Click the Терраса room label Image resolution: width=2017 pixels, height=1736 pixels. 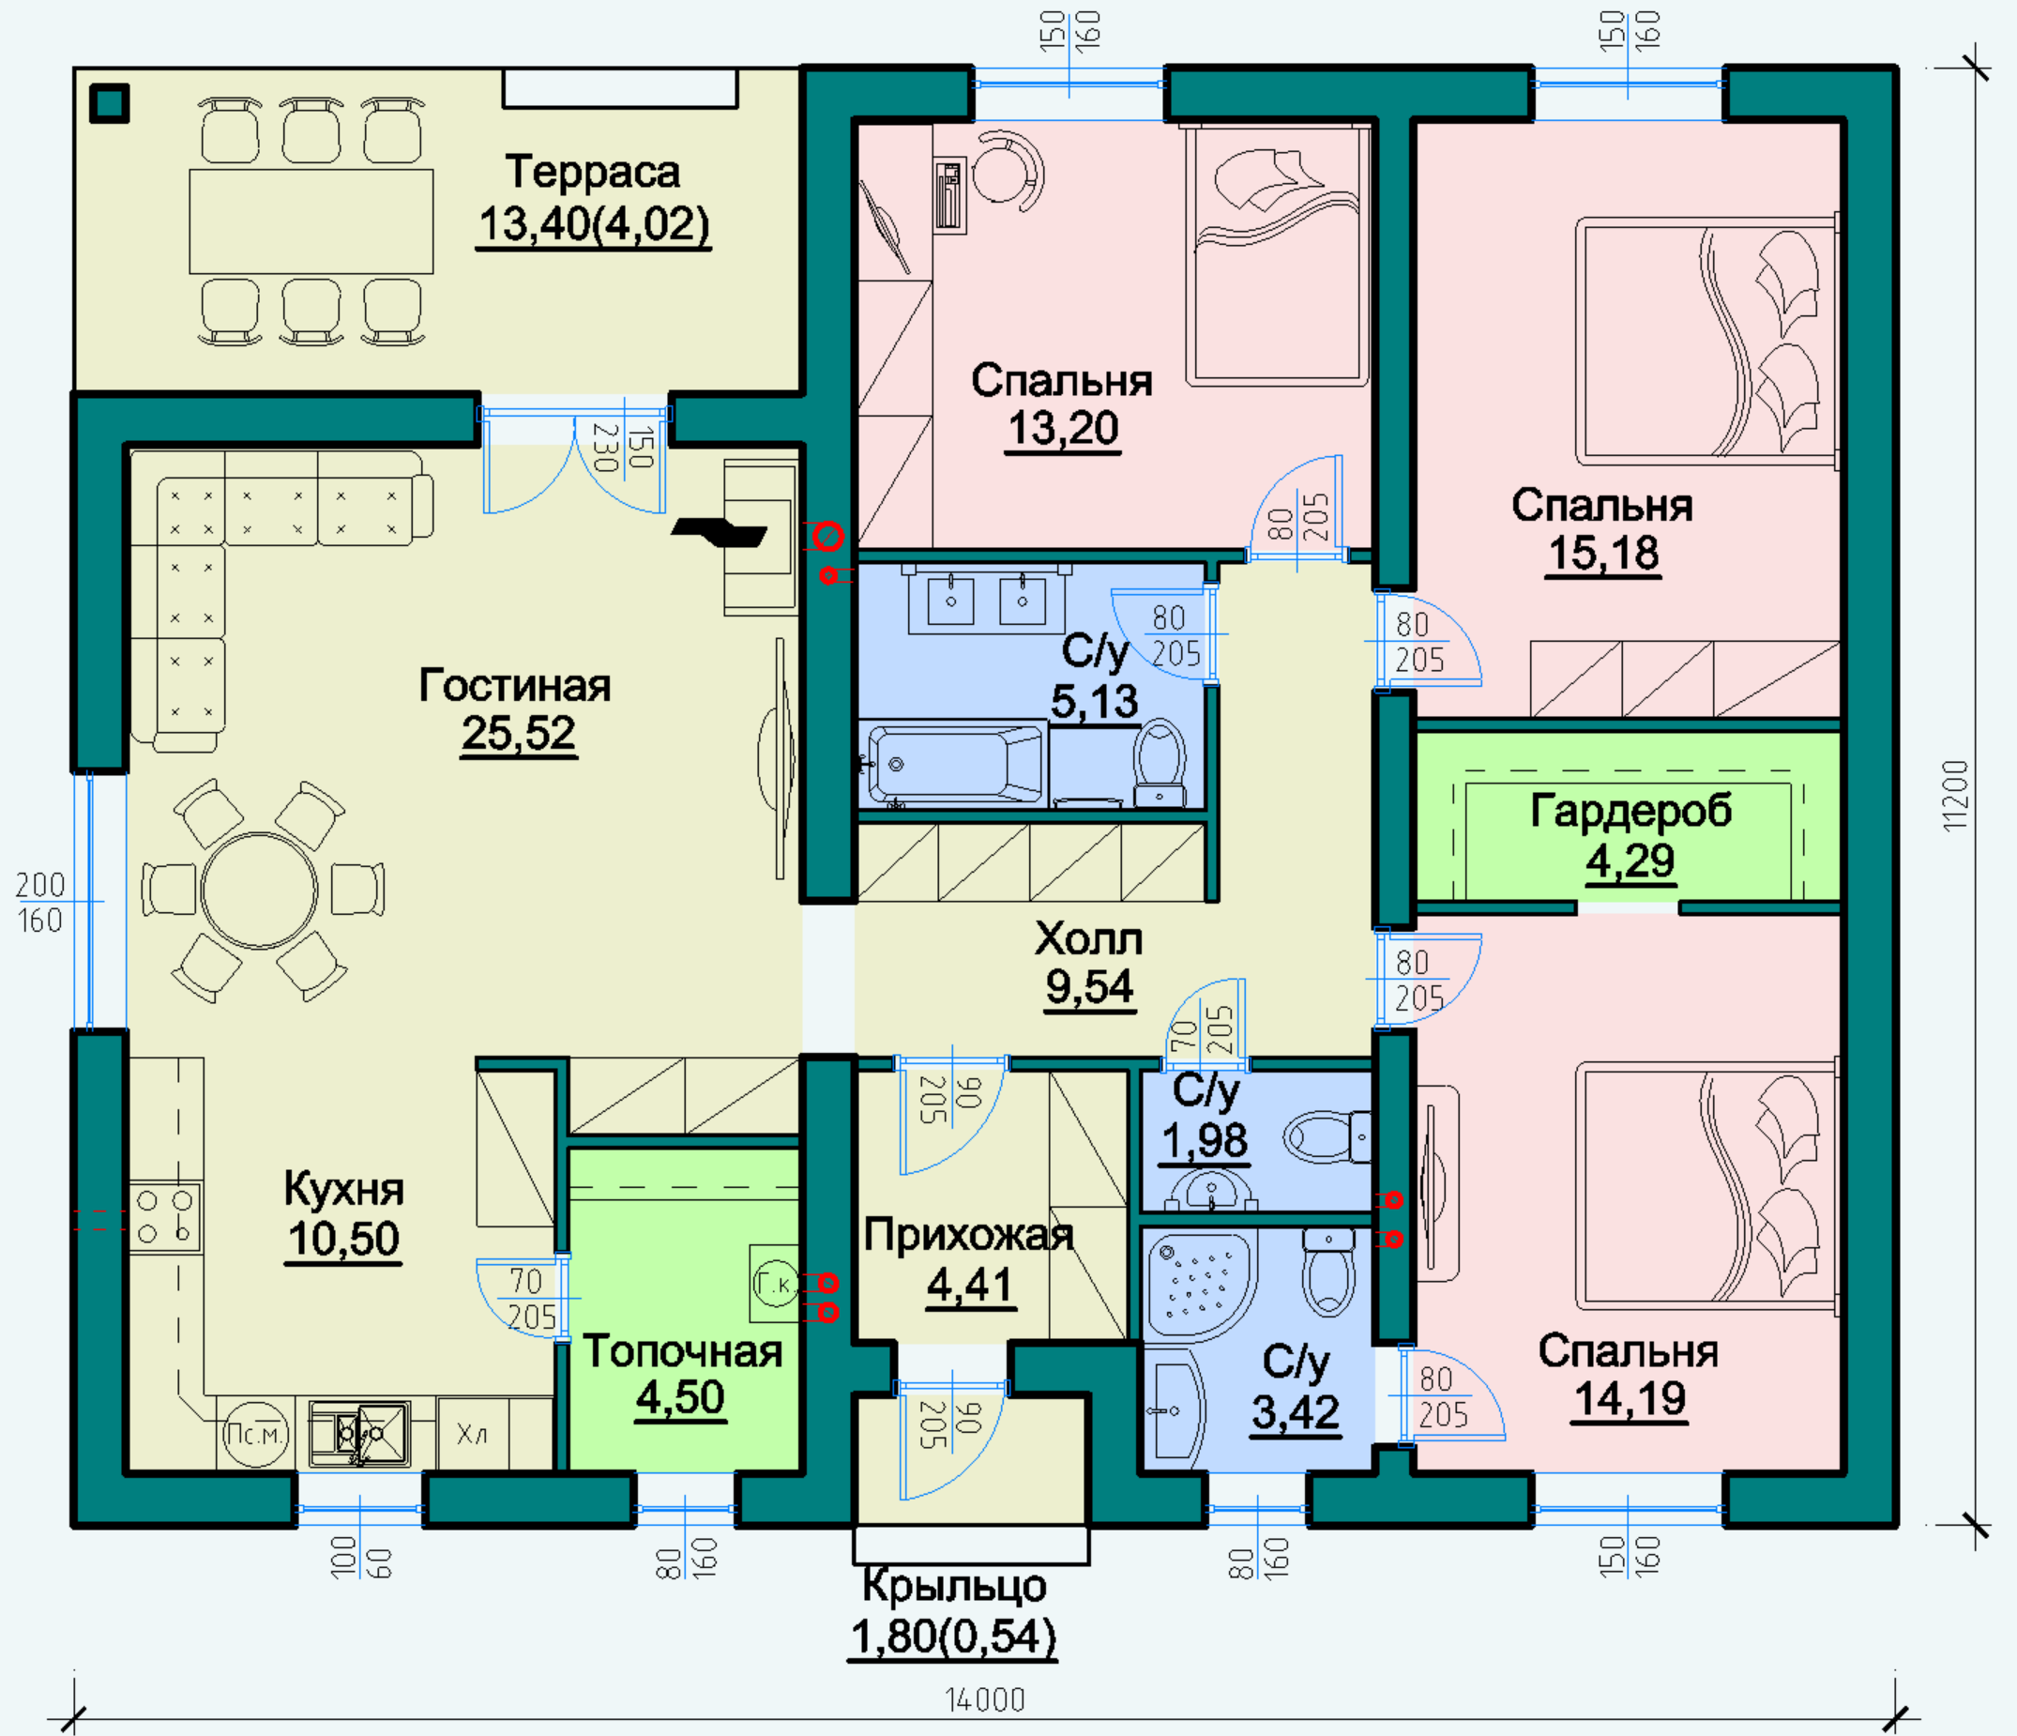tap(593, 173)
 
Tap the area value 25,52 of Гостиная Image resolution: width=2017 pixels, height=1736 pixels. tap(519, 733)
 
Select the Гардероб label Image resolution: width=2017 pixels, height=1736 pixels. tap(1631, 810)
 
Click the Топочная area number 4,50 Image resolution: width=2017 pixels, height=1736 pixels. tap(680, 1397)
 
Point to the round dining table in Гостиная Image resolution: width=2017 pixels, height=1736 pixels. tap(259, 890)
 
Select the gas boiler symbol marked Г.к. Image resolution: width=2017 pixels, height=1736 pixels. tap(774, 1285)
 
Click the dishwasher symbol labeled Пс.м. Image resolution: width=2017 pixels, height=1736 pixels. tap(255, 1433)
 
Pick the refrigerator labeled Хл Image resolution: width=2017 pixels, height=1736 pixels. tap(473, 1433)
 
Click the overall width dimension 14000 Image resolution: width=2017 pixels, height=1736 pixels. tap(985, 1700)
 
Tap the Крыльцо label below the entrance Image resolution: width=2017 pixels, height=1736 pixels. tap(954, 1585)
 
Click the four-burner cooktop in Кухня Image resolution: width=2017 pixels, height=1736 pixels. tap(164, 1217)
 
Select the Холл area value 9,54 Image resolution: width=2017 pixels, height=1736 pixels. tap(1089, 987)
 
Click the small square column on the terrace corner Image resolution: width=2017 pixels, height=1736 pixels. tap(109, 103)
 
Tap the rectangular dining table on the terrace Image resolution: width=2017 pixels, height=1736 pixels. tap(311, 221)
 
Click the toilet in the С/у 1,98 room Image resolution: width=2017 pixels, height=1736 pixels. tap(1327, 1137)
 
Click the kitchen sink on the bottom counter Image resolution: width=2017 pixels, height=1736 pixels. tap(359, 1433)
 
